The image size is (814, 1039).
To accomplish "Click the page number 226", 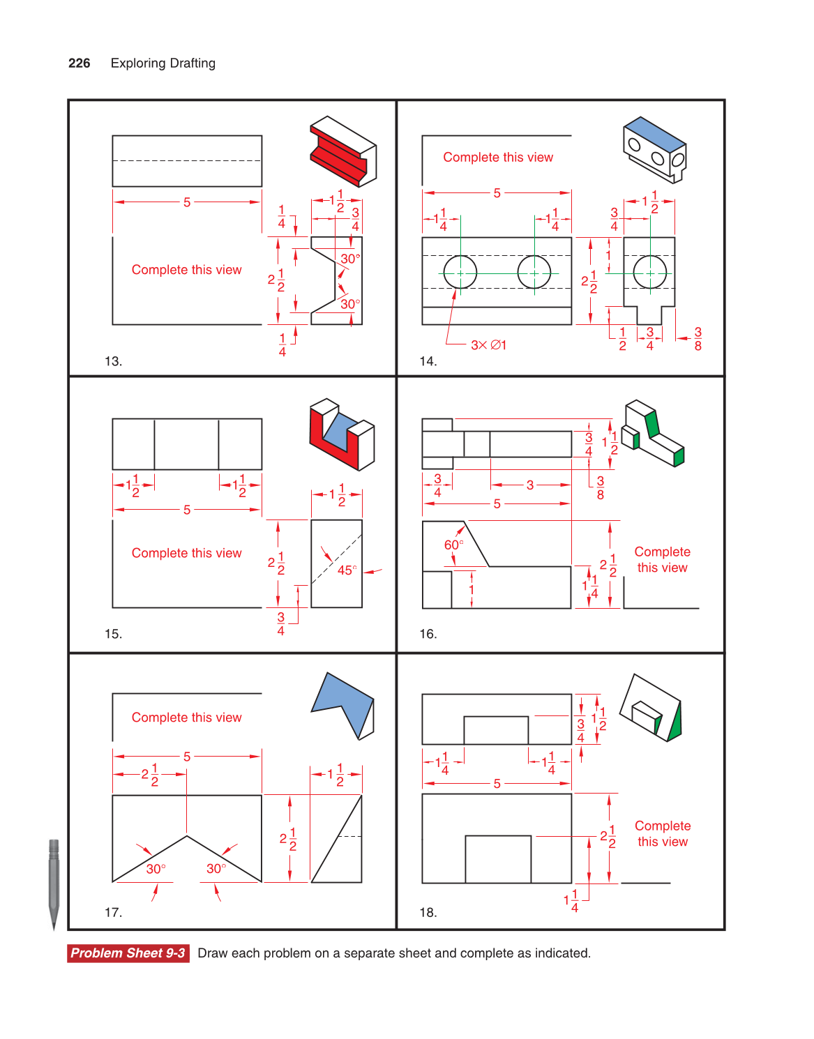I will click(79, 63).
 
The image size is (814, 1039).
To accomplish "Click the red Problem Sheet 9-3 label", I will click(128, 953).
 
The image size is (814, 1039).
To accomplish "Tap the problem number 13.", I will click(113, 361).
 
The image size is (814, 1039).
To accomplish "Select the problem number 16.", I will click(428, 634).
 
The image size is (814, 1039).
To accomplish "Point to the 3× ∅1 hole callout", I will click(488, 345).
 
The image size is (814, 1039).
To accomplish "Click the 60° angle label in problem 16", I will click(453, 545).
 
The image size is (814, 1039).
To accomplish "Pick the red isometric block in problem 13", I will click(342, 151).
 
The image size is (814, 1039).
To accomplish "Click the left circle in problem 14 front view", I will click(460, 272).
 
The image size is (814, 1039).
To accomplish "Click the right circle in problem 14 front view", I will click(534, 272).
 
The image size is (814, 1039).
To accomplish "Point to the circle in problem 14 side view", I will click(649, 272).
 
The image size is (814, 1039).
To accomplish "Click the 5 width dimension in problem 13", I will click(187, 202).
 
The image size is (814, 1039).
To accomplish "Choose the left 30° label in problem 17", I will click(156, 869).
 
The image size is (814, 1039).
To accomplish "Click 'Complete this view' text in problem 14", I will click(498, 158).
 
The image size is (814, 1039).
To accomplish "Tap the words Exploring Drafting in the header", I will click(163, 63).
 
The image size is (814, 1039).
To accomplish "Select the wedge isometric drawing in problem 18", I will click(650, 708).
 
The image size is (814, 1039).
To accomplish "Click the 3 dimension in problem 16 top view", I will click(530, 485).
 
